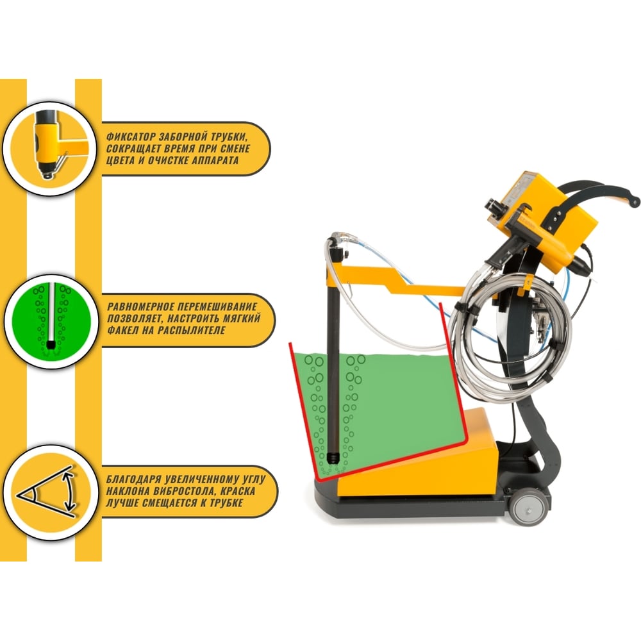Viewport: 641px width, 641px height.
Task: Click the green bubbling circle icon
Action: (51, 321)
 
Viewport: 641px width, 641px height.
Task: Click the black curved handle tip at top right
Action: (634, 201)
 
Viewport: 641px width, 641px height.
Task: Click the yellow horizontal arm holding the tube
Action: (392, 279)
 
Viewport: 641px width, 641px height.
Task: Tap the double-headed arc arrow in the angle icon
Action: (69, 492)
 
